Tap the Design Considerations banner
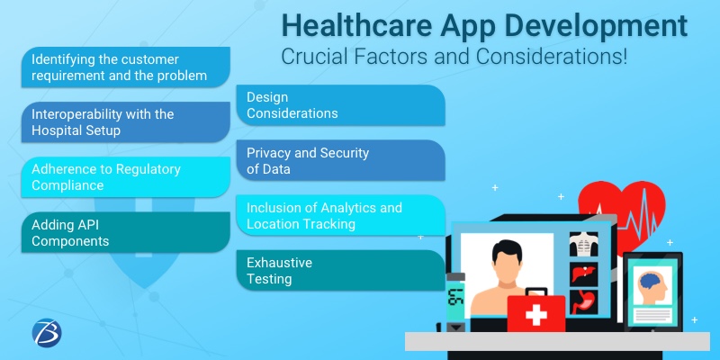tap(340, 105)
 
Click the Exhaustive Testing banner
tap(340, 270)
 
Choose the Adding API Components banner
tap(126, 233)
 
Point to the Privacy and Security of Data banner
tap(340, 160)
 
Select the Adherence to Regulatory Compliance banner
tap(126, 177)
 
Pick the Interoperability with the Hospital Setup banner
tap(126, 122)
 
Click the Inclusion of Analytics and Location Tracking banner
tap(340, 215)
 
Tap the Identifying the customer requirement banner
tap(126, 67)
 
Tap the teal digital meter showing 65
tap(456, 297)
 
